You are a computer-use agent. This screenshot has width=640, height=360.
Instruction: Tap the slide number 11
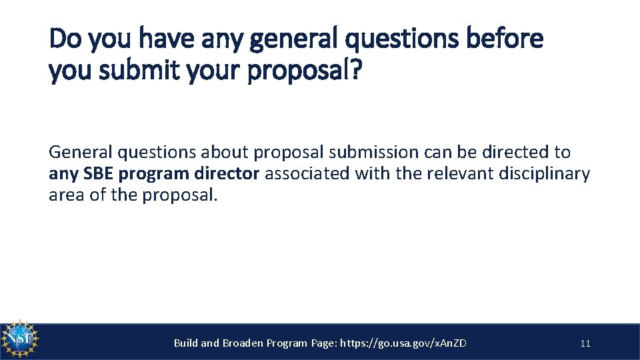585,344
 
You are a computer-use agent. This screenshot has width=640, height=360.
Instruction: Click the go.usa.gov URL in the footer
403,343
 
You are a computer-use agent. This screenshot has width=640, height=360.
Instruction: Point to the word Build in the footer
186,343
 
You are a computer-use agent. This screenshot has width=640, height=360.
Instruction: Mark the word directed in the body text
511,153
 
